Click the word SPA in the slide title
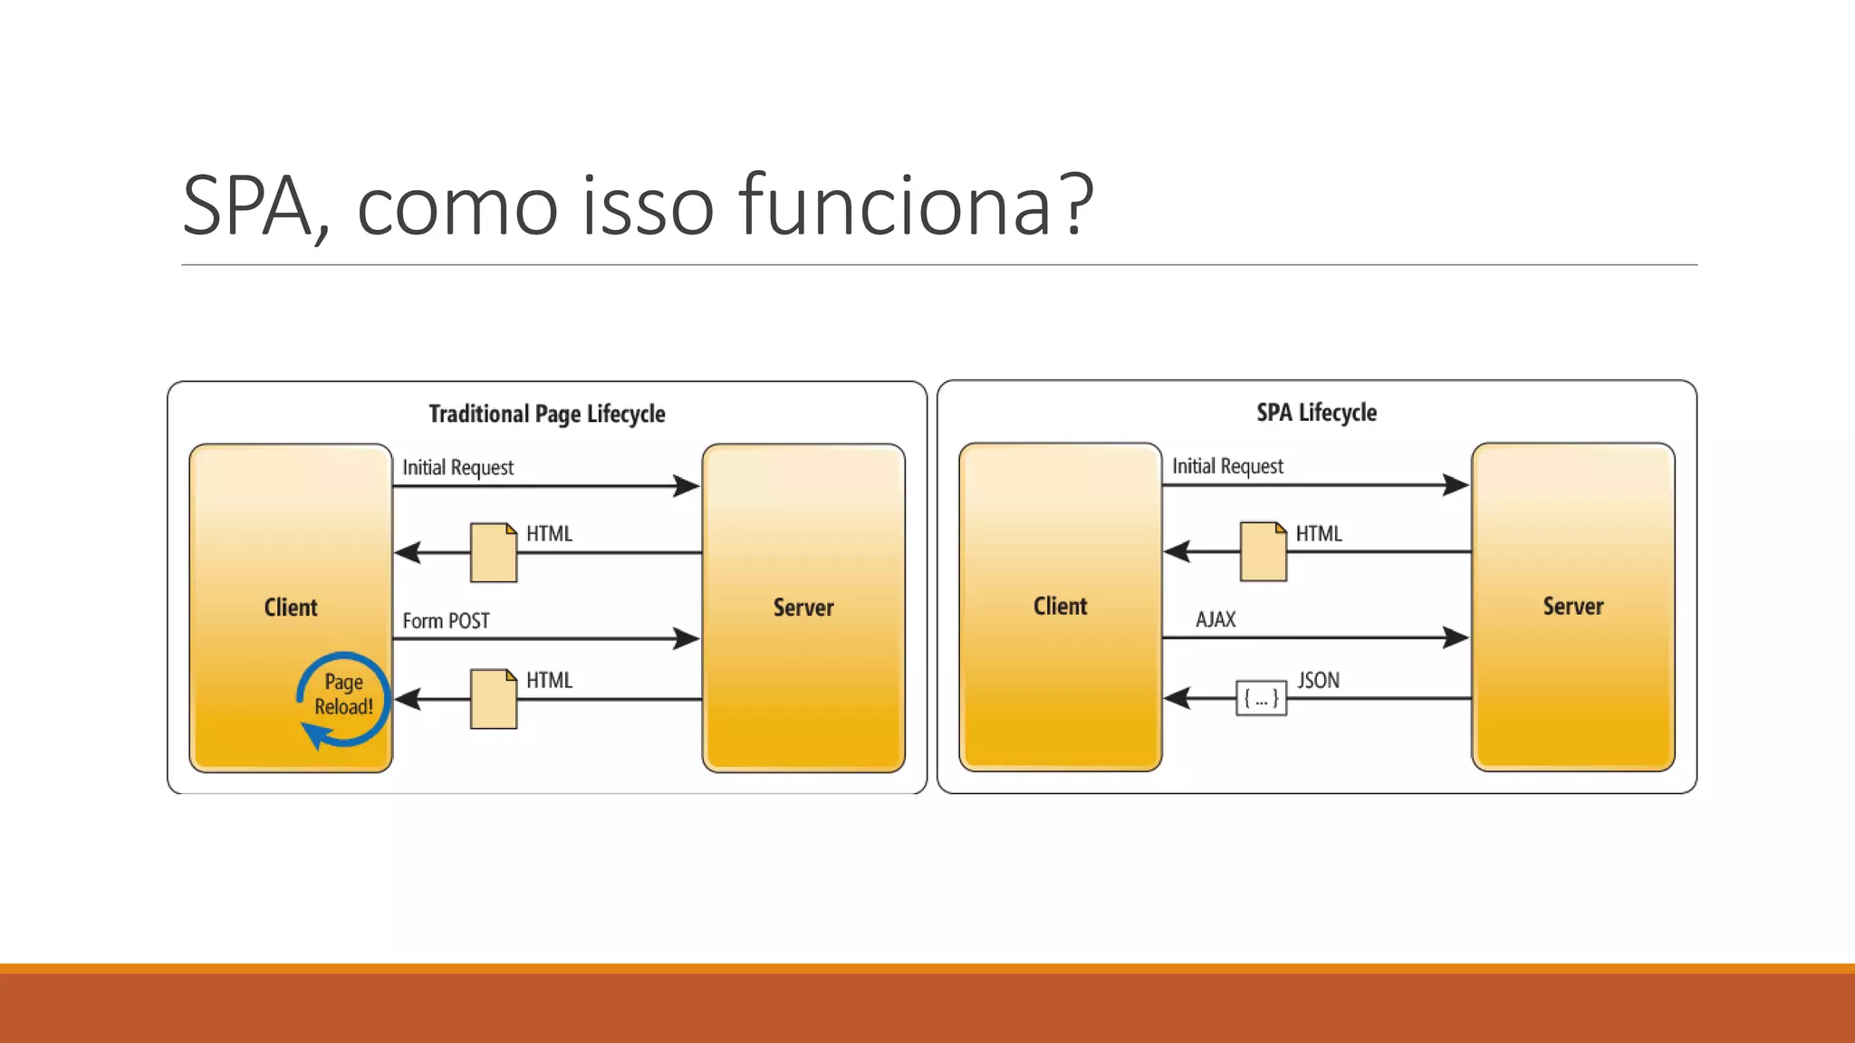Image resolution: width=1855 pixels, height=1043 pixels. pos(246,206)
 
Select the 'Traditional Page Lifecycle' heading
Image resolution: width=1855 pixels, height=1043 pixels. pos(546,414)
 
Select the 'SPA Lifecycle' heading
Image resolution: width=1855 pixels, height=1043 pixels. pos(1316,413)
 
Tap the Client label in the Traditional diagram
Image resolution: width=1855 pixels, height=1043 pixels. pos(290,608)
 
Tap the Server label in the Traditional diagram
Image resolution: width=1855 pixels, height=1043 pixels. pos(803,608)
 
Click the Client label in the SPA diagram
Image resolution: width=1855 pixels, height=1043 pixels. pos(1060,607)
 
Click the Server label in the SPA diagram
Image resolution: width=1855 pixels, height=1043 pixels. pos(1572,607)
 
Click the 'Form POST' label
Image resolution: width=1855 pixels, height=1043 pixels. pos(446,621)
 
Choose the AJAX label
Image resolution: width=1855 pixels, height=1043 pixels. pos(1215,619)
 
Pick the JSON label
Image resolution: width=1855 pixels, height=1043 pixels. pos(1318,680)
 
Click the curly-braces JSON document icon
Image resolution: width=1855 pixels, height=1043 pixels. pos(1261,698)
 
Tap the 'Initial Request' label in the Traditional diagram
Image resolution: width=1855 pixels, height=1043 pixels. pos(457,468)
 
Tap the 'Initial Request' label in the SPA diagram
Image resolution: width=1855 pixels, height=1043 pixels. pos(1227,466)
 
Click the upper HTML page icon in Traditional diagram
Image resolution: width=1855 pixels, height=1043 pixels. pos(494,552)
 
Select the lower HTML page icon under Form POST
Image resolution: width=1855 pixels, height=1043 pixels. pos(494,699)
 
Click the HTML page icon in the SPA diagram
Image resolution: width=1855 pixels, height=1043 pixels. pos(1263,551)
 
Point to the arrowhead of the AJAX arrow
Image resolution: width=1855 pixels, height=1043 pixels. pos(1456,637)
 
